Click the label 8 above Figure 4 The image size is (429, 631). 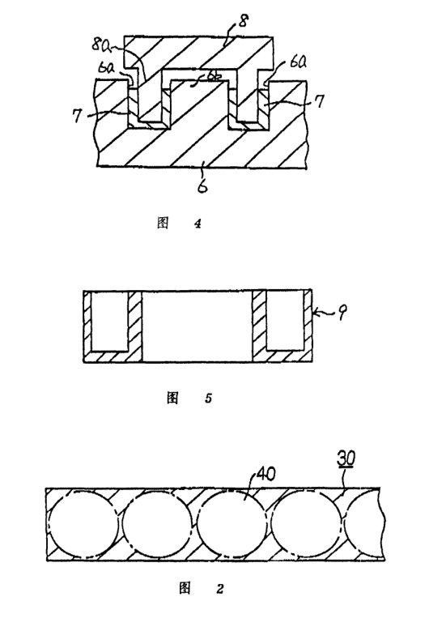[243, 20]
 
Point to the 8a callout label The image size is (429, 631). [100, 45]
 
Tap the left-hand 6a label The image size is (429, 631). [108, 67]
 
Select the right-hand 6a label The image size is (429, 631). [297, 64]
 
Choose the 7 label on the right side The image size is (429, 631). [319, 101]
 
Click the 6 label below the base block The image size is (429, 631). [203, 186]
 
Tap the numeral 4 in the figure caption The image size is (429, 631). [198, 224]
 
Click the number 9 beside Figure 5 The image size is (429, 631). [342, 313]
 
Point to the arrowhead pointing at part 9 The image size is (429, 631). [315, 311]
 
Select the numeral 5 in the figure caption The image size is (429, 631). [208, 399]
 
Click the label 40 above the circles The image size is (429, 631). [266, 474]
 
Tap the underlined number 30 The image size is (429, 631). [346, 458]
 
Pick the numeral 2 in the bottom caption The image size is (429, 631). [220, 589]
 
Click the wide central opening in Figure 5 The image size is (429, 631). [198, 326]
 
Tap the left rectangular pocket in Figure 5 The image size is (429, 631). [110, 321]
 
